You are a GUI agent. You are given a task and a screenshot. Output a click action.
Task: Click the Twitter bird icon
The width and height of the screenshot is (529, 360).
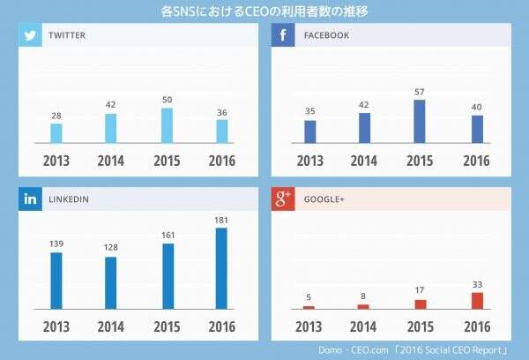pyautogui.click(x=31, y=35)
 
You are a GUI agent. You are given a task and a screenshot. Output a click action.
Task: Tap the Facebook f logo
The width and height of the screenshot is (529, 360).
pyautogui.click(x=283, y=35)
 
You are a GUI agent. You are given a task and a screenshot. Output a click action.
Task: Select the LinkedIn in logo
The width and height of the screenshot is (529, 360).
pyautogui.click(x=31, y=199)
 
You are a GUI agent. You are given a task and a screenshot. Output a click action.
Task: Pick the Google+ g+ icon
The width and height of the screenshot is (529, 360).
pyautogui.click(x=283, y=199)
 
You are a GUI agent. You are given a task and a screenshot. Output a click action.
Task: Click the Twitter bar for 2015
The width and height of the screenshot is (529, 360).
pyautogui.click(x=167, y=126)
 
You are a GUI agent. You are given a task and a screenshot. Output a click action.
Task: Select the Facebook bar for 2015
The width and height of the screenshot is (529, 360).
pyautogui.click(x=419, y=122)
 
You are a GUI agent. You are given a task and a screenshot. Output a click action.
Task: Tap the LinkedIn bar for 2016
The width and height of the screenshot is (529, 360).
pyautogui.click(x=221, y=268)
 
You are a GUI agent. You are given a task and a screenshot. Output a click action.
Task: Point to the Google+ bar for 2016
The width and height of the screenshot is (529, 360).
pyautogui.click(x=477, y=300)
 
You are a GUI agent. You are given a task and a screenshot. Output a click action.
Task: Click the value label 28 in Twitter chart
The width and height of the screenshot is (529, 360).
pyautogui.click(x=56, y=116)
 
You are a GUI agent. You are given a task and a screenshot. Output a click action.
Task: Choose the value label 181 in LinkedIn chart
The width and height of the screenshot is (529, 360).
pyautogui.click(x=221, y=220)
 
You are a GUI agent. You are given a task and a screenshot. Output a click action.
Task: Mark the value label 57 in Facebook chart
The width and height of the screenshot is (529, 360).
pyautogui.click(x=419, y=92)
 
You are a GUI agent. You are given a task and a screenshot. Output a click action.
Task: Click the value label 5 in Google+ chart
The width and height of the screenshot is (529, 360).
pyautogui.click(x=309, y=297)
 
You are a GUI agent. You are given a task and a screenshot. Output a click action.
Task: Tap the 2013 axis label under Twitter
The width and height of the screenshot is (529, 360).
pyautogui.click(x=57, y=161)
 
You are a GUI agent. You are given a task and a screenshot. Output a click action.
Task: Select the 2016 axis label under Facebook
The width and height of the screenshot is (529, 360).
pyautogui.click(x=476, y=161)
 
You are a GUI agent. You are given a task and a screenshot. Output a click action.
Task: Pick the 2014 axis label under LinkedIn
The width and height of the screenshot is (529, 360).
pyautogui.click(x=112, y=326)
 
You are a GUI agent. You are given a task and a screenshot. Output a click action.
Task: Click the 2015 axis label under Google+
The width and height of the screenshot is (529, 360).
pyautogui.click(x=420, y=326)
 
